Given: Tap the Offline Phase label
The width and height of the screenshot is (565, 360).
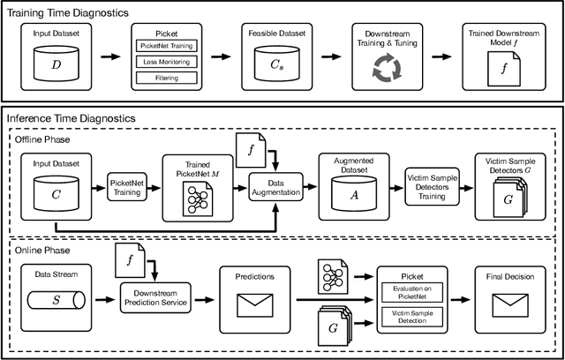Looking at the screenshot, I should [x=41, y=139].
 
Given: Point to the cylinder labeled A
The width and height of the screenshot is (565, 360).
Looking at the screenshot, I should [x=353, y=190].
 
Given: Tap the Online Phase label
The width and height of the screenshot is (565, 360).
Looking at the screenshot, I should [x=40, y=250].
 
